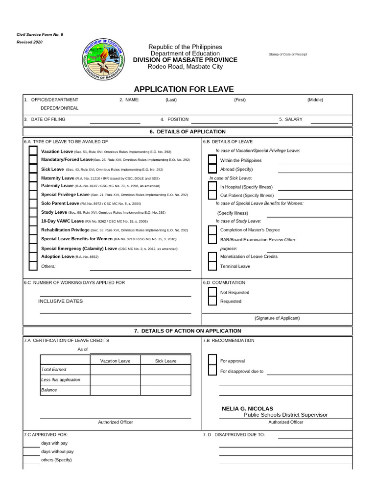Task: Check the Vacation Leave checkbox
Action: pos(33,151)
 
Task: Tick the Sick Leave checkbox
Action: pos(33,169)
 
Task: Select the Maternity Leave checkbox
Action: pos(33,178)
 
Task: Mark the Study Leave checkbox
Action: pos(33,212)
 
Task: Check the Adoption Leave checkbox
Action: pos(33,256)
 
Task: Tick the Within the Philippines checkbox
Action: pos(212,160)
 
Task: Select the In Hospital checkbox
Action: pos(212,187)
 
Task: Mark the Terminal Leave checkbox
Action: pos(212,266)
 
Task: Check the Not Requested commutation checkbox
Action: pos(212,292)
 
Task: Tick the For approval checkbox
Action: pos(212,361)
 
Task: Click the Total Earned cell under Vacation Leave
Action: pos(115,370)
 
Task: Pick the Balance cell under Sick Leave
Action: pos(165,390)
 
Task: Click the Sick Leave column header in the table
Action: pos(165,361)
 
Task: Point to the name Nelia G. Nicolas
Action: pos(247,408)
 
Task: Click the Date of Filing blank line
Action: pos(115,120)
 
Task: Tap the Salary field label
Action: pos(291,119)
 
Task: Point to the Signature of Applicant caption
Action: pos(277,318)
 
